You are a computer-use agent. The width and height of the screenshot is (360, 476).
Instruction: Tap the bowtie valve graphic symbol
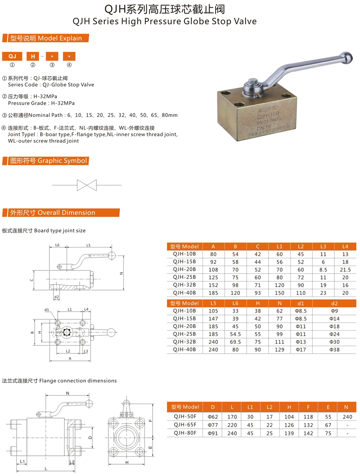(x=86, y=185)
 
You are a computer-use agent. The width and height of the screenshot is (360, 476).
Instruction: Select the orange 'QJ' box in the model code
(x=13, y=56)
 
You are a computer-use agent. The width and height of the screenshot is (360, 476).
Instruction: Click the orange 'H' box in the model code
(x=33, y=56)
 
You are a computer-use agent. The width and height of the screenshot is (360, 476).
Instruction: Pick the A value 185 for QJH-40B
(x=213, y=293)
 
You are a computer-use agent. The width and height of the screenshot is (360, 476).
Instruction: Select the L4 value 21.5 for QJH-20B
(x=345, y=269)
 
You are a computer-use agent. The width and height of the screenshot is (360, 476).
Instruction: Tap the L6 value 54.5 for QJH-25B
(x=235, y=334)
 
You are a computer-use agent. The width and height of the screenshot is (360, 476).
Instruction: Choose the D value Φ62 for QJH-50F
(x=213, y=417)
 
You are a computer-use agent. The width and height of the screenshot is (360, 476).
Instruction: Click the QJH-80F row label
(x=184, y=433)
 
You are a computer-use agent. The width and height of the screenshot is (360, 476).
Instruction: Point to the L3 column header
(x=323, y=246)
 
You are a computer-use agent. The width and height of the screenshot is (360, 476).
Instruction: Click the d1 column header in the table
(x=301, y=303)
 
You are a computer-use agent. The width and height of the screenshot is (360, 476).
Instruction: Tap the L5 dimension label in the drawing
(x=88, y=245)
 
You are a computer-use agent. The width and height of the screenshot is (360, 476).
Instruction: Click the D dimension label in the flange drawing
(x=90, y=437)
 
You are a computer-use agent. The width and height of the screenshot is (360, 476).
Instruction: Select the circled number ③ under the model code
(x=52, y=65)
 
